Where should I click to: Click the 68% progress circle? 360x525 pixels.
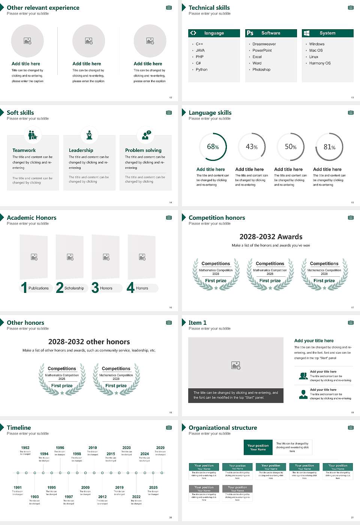[213, 147]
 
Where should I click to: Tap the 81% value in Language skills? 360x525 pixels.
[329, 147]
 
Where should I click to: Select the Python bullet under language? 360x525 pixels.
[201, 69]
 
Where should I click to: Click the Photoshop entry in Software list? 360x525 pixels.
[261, 69]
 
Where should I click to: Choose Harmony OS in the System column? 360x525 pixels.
[320, 63]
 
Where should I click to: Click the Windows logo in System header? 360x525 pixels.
[306, 33]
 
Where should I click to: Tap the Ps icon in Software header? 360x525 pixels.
[250, 33]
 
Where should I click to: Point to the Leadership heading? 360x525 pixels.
[81, 150]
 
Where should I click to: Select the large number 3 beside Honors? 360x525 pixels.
[95, 288]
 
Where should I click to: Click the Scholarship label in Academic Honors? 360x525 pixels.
[74, 288]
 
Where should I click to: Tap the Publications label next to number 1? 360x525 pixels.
[39, 288]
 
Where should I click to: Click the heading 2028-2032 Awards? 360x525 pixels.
[271, 237]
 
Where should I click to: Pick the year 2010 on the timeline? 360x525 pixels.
[93, 447]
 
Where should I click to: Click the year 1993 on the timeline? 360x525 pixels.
[34, 496]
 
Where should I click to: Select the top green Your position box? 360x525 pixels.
[258, 447]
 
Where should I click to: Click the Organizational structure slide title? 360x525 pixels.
[223, 427]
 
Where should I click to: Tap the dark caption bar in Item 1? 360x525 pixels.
[235, 395]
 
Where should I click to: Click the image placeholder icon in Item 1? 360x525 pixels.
[236, 365]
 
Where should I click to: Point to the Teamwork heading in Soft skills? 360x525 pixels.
[24, 150]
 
